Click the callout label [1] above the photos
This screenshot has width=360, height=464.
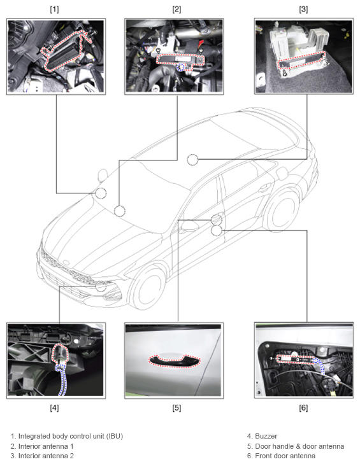54,10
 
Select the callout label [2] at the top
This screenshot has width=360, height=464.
176,10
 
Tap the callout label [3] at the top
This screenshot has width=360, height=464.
303,10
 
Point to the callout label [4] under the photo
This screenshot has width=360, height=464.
54,408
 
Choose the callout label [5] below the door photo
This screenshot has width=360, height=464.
176,408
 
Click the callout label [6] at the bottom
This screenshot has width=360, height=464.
303,408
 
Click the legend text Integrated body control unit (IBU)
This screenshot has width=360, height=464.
71,436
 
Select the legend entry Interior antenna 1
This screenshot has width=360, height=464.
46,446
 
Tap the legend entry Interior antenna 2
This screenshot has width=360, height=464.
46,456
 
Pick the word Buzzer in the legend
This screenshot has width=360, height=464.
266,436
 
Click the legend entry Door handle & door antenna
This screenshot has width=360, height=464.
299,446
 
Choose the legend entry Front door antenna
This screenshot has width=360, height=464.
285,456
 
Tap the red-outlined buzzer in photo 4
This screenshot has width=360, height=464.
61,353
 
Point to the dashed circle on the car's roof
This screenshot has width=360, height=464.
192,160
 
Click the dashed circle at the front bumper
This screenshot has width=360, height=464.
101,286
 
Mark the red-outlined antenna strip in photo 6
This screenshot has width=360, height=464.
295,359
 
